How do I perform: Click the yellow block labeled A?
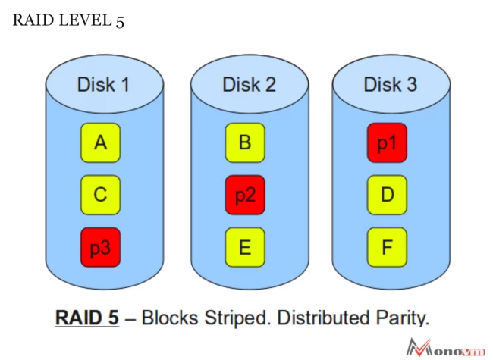pyautogui.click(x=101, y=142)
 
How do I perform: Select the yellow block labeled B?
pyautogui.click(x=245, y=142)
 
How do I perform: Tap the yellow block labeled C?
pyautogui.click(x=101, y=195)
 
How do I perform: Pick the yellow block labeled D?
pyautogui.click(x=388, y=195)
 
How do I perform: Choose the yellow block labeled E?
pyautogui.click(x=245, y=248)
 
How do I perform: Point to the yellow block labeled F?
pyautogui.click(x=388, y=248)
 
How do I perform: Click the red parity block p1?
pyautogui.click(x=388, y=142)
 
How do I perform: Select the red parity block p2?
pyautogui.click(x=245, y=195)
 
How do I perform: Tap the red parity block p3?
pyautogui.click(x=101, y=248)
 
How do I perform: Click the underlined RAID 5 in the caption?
pyautogui.click(x=86, y=316)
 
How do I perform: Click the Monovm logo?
pyautogui.click(x=448, y=346)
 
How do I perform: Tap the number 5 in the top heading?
pyautogui.click(x=120, y=21)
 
